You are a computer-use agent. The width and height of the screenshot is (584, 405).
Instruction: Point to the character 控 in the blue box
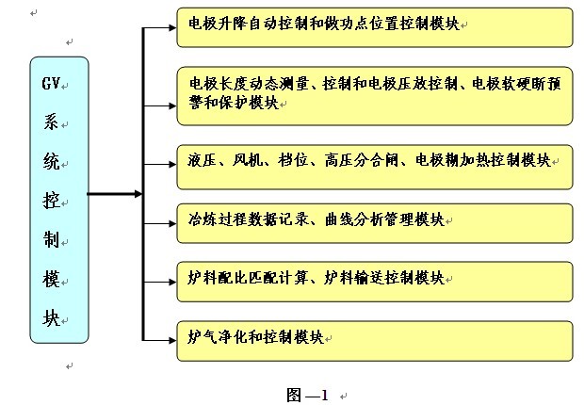coord(50,200)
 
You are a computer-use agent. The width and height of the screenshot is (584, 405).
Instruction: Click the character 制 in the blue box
coord(50,239)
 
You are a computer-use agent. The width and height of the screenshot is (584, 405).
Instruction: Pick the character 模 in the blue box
coord(50,279)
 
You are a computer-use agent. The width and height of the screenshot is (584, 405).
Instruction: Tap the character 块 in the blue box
coord(50,318)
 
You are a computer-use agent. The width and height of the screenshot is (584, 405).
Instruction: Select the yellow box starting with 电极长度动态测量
coord(374,95)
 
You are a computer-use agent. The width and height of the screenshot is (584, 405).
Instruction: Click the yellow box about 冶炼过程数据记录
coord(374,221)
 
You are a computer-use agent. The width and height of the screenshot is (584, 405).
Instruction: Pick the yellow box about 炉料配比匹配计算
coord(374,281)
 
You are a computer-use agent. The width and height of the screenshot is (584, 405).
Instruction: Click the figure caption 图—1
coord(307,395)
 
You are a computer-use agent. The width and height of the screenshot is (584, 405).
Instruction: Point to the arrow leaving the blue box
coord(113,195)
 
